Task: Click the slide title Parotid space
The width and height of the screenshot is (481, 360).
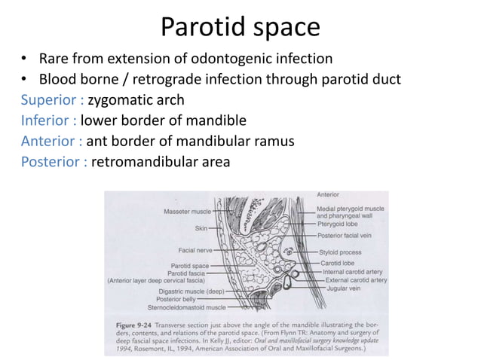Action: [x=240, y=27]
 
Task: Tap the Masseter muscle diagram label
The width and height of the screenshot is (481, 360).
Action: [x=187, y=212]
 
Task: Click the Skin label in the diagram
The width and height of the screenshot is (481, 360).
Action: [x=202, y=227]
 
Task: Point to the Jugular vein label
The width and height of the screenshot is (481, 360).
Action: [x=339, y=288]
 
